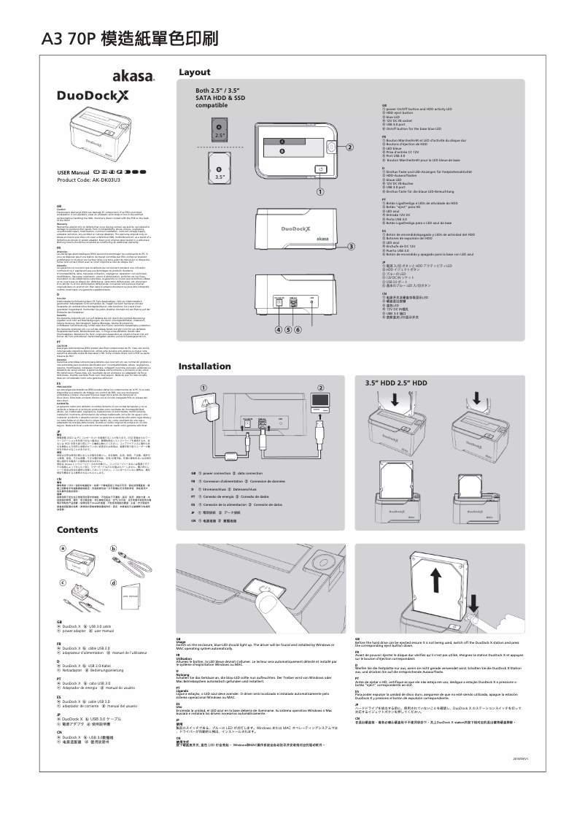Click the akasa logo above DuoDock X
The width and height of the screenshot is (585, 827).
[132, 76]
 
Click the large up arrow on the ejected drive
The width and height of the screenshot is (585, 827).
[435, 582]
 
